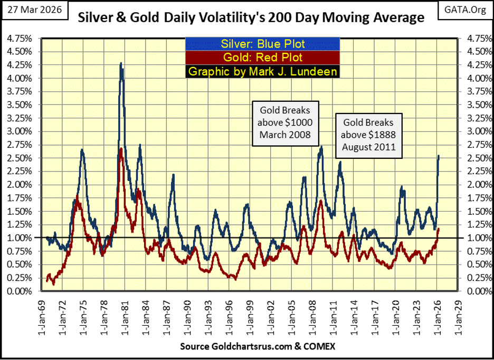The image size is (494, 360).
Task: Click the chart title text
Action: coord(251,18)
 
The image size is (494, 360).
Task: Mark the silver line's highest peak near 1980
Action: coord(121,63)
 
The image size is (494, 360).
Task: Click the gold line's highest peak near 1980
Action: coord(121,149)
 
